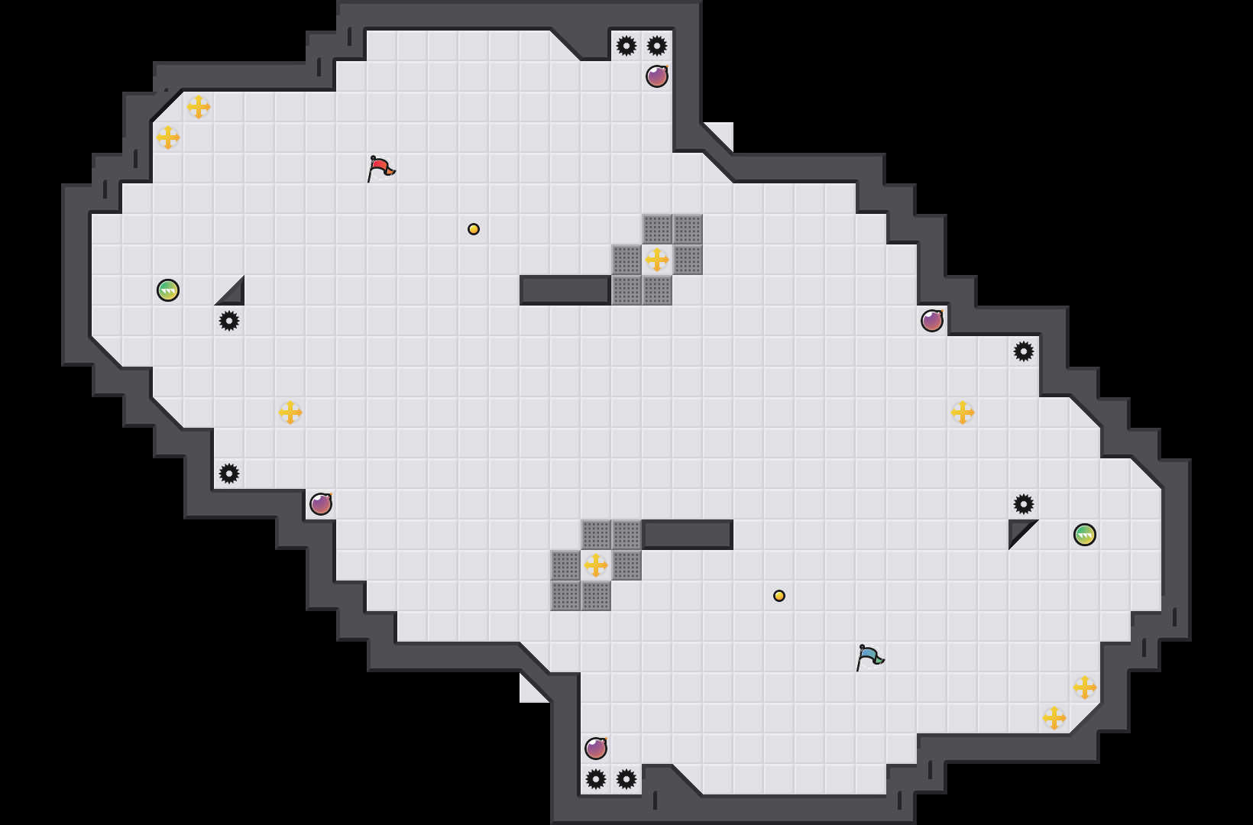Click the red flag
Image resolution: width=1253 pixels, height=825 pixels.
coord(380,167)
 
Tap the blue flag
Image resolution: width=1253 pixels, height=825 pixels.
coord(869,656)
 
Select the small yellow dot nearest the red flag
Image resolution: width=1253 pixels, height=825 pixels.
coord(474,229)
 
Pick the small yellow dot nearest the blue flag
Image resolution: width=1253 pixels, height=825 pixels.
coord(779,596)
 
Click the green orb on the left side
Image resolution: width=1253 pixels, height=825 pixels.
coord(168,290)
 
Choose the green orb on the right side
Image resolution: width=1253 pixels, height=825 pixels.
coord(1085,535)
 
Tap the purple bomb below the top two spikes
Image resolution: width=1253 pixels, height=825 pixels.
coord(657,76)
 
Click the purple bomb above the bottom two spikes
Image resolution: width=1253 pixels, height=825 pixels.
coord(596,749)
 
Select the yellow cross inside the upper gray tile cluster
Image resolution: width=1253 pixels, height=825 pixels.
coord(657,260)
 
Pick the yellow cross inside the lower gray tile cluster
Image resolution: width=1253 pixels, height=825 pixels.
coord(596,565)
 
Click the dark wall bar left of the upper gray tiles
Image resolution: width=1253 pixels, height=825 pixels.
coord(565,290)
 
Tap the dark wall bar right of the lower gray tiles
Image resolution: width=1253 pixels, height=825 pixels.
coord(688,535)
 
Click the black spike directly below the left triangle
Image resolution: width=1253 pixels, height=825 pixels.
coord(229,321)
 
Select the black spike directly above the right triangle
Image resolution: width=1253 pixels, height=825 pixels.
coord(1024,504)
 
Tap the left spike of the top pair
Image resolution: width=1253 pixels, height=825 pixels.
coord(626,46)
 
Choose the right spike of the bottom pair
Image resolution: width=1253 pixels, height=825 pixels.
coord(626,779)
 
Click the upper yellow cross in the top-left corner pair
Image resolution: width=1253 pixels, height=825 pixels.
coord(199,107)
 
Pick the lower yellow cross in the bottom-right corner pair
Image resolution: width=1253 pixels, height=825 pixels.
coord(1054,718)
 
